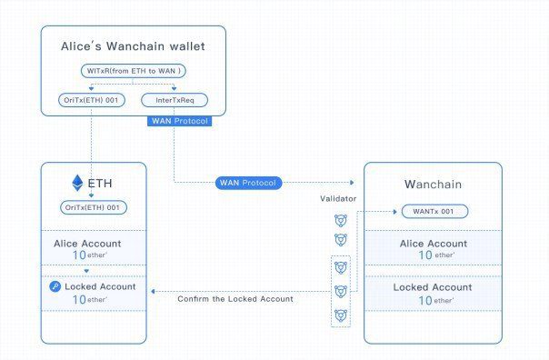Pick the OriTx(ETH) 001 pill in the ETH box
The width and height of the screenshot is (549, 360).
[94, 207]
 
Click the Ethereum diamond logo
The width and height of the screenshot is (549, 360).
[76, 183]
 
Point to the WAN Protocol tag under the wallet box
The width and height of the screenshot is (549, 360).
[178, 122]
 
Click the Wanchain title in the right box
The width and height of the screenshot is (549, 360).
[433, 185]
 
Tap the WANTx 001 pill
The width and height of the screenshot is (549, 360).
[434, 212]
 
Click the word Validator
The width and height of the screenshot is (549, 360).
[338, 198]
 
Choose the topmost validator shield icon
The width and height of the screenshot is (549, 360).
[340, 219]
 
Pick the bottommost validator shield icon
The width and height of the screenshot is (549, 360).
[340, 315]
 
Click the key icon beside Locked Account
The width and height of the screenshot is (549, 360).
[56, 287]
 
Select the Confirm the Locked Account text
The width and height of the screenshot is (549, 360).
[235, 298]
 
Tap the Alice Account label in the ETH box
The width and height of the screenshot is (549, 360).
[94, 243]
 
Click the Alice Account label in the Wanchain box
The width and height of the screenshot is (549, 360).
[433, 244]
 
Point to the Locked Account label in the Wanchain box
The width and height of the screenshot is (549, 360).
[433, 287]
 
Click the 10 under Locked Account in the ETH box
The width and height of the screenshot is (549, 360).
[77, 300]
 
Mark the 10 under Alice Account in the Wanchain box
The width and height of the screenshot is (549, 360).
[425, 256]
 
